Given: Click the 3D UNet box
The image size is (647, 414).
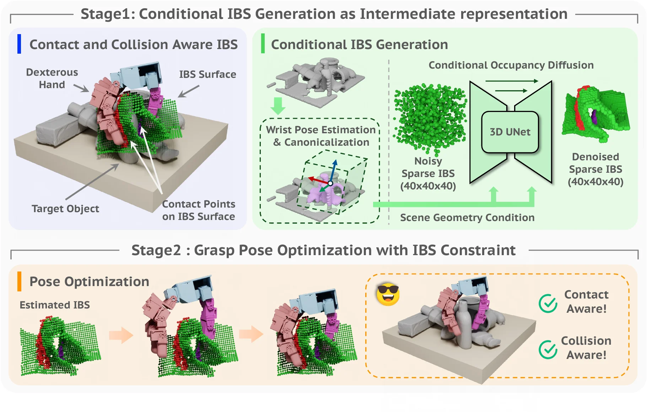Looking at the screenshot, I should (x=510, y=132).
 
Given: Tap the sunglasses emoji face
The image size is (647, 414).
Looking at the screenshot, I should (x=388, y=295).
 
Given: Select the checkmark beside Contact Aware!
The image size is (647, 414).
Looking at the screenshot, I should (x=548, y=303).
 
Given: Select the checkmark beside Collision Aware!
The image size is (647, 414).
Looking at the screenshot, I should (x=548, y=349).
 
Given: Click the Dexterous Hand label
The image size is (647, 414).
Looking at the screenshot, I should (x=52, y=79).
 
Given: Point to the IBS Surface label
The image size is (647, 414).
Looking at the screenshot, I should (x=207, y=74).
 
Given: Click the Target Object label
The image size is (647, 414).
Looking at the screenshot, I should (x=65, y=209).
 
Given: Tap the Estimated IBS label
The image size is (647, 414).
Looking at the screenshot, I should (x=55, y=305).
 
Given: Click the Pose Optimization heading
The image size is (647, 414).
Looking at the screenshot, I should (x=89, y=281).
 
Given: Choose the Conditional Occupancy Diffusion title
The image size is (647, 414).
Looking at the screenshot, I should (x=511, y=65).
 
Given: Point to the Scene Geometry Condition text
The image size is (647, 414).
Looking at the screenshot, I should (x=467, y=217).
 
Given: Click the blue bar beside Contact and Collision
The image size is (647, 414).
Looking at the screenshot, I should (x=19, y=44).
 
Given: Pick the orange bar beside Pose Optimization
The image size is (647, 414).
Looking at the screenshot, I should (x=19, y=281).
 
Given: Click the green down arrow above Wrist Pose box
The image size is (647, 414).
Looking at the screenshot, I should (x=278, y=106).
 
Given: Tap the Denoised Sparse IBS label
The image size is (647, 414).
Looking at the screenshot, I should (x=595, y=169).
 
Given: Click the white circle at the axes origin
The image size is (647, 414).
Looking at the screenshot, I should (x=330, y=183).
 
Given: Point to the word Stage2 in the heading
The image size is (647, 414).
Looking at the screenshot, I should (x=156, y=250).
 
